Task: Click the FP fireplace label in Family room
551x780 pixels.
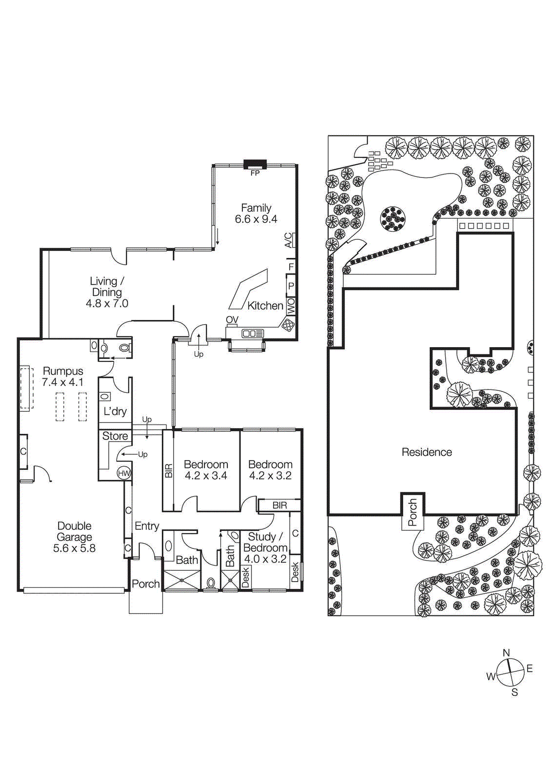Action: (255, 173)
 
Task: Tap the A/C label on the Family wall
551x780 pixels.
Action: (289, 240)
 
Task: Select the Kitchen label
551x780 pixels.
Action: (265, 306)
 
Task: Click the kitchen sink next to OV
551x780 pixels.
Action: (253, 333)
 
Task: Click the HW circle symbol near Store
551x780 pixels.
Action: (124, 473)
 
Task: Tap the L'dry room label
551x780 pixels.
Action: (115, 411)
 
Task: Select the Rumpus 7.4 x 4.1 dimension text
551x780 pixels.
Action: (62, 382)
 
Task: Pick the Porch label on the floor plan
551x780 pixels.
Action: (145, 584)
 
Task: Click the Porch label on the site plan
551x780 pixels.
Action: (413, 512)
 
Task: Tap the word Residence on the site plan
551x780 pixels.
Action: (427, 452)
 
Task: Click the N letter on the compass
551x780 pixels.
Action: (506, 653)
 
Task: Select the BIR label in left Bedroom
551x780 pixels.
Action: (169, 470)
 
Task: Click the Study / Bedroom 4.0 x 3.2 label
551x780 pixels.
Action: (265, 548)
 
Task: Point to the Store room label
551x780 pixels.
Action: (115, 436)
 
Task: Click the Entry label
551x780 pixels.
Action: (147, 526)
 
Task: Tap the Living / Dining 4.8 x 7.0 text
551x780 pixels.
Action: (107, 292)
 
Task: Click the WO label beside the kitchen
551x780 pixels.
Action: (291, 306)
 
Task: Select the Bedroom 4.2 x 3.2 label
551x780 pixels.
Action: (270, 470)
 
